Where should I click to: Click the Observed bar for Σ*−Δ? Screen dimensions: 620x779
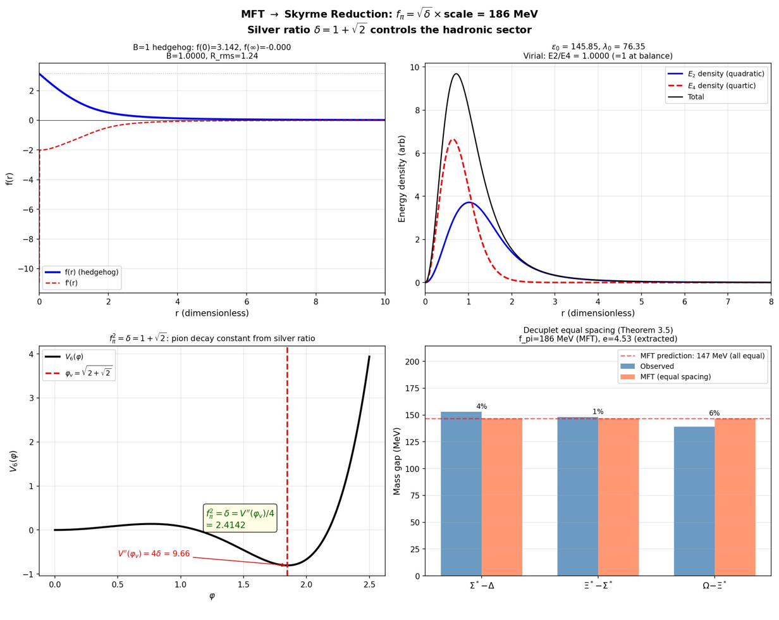[461, 493]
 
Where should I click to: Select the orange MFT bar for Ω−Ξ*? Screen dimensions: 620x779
[735, 497]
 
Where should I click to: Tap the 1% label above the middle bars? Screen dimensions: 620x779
[598, 412]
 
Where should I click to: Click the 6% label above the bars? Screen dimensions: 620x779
[714, 413]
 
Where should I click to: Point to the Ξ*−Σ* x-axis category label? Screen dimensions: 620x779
[598, 586]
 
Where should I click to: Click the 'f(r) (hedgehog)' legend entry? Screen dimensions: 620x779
[92, 272]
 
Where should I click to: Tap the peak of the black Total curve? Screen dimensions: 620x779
[456, 74]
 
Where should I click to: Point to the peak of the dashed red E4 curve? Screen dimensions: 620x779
[452, 140]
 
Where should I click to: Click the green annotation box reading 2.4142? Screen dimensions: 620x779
[240, 519]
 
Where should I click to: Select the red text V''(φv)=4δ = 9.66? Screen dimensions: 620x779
[154, 554]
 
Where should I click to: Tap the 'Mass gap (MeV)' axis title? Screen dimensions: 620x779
[397, 461]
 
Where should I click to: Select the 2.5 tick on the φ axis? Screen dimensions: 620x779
[369, 585]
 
